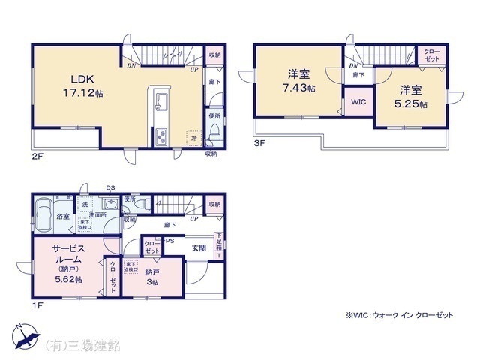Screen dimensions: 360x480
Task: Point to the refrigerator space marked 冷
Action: pos(194,138)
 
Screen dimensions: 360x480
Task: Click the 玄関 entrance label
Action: pos(199,248)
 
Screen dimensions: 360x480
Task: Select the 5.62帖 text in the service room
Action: pos(68,279)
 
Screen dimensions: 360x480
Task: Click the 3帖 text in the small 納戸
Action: pos(153,283)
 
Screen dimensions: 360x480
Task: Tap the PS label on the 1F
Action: pos(170,241)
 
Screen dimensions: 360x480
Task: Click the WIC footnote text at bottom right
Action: pos(399,316)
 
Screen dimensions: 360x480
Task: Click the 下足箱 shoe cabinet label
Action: pos(219,243)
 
